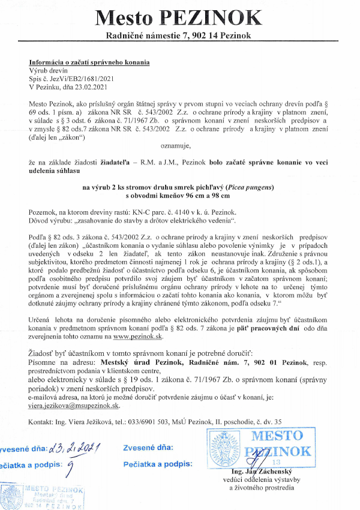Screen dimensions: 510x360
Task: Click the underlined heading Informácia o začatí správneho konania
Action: coord(89,63)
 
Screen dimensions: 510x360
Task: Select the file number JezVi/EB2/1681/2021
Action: coord(76,78)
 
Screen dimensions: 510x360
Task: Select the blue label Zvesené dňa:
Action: coord(148,448)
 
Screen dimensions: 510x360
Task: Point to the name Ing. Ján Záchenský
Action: coord(262,473)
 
